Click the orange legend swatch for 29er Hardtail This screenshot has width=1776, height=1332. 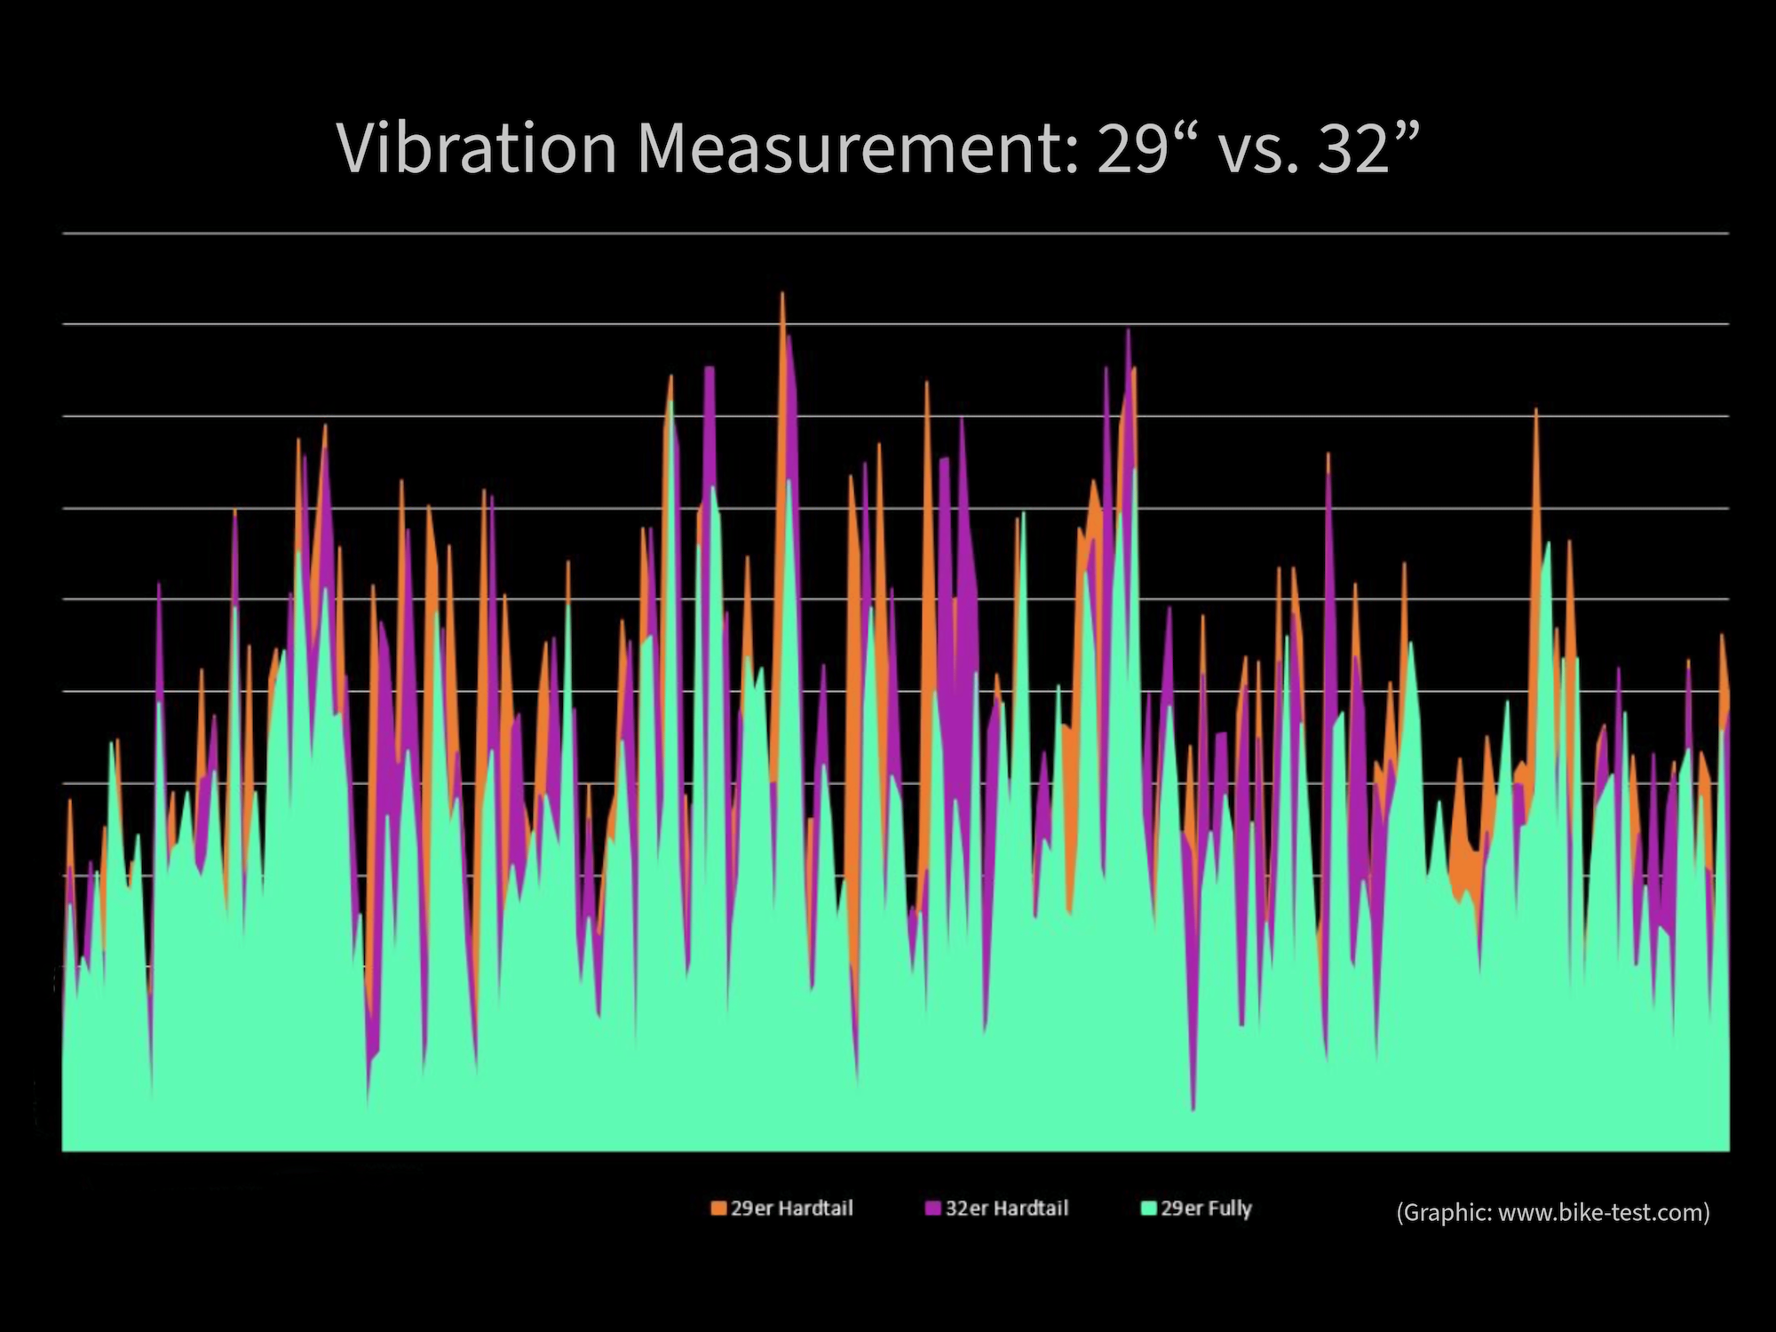point(718,1209)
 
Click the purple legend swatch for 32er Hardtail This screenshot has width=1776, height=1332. point(933,1209)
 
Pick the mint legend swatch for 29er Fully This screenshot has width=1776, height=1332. point(1148,1209)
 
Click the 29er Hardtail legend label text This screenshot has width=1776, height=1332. point(791,1209)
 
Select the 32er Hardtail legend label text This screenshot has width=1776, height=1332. point(1006,1209)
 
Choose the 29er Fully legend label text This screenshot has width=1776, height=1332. point(1206,1209)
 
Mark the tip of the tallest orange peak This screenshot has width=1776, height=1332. point(782,292)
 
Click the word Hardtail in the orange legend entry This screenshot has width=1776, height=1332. point(814,1209)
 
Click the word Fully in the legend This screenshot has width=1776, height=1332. point(1229,1209)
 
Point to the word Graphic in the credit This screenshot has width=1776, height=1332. point(1445,1213)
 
